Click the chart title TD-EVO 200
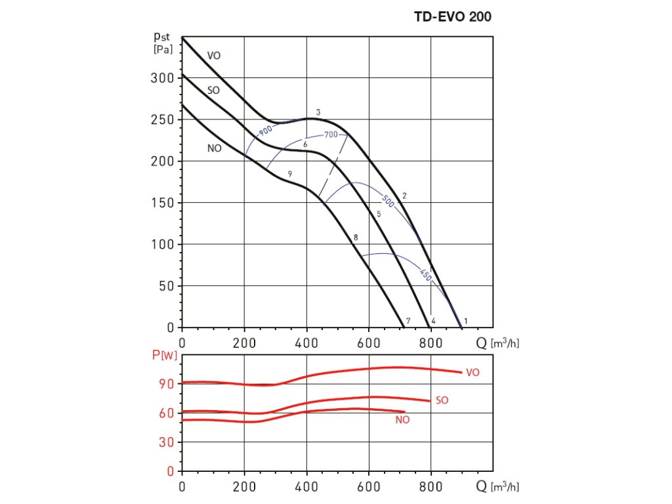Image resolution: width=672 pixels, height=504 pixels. [x=452, y=17]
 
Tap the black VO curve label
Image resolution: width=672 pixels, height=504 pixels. [x=214, y=56]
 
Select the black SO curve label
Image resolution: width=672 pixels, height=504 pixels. [x=213, y=90]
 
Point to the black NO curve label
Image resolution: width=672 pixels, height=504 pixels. [x=214, y=148]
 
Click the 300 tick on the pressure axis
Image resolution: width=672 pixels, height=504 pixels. [x=159, y=78]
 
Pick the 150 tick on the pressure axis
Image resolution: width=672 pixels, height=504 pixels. [x=159, y=203]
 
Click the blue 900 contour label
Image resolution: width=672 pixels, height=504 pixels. [x=266, y=130]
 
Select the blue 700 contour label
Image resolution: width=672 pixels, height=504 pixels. [x=330, y=135]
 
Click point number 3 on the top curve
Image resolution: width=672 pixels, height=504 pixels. [x=318, y=113]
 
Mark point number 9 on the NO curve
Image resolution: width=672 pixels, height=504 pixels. [x=289, y=173]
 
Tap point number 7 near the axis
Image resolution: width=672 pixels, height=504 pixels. [x=408, y=321]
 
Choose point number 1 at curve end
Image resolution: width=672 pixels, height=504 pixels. [x=465, y=320]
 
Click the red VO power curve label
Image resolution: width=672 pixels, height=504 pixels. [x=472, y=372]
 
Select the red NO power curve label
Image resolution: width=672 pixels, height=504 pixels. [x=402, y=420]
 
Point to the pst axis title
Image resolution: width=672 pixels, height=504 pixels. [x=162, y=41]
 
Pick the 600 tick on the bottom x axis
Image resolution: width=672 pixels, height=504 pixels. [x=369, y=488]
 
